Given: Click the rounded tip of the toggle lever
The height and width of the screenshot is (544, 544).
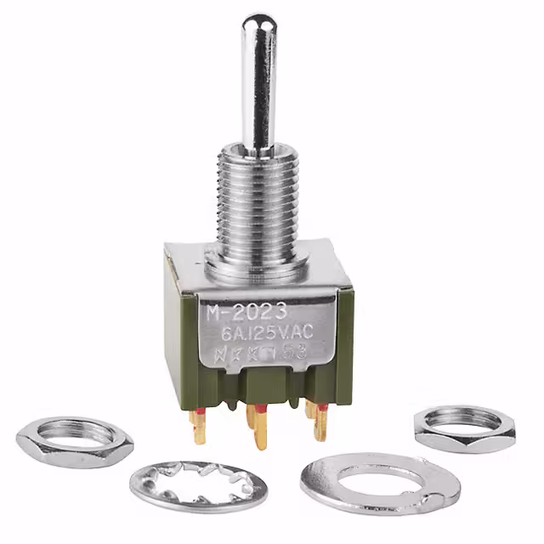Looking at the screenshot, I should [x=256, y=23].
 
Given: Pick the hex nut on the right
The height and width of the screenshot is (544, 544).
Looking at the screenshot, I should [x=463, y=428].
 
